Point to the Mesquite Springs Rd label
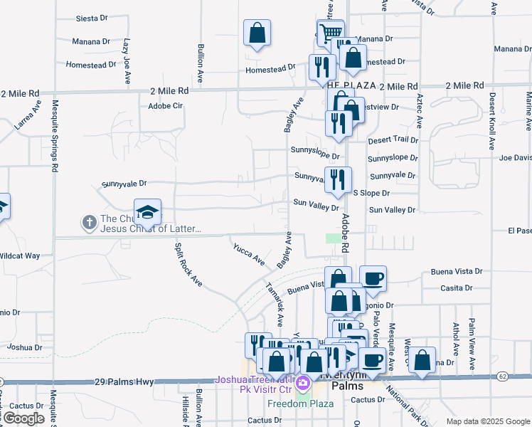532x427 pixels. pos(54,135)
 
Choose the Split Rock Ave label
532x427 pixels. pos(188,265)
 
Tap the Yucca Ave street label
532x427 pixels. pos(249,254)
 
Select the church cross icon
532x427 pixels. pos(90,222)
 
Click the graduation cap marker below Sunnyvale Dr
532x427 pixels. pos(147,211)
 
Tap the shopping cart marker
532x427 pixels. pos(330,32)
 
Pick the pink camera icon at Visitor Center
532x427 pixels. pos(304,384)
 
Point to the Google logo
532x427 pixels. pos(23,418)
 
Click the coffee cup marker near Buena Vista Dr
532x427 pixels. pos(373,278)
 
